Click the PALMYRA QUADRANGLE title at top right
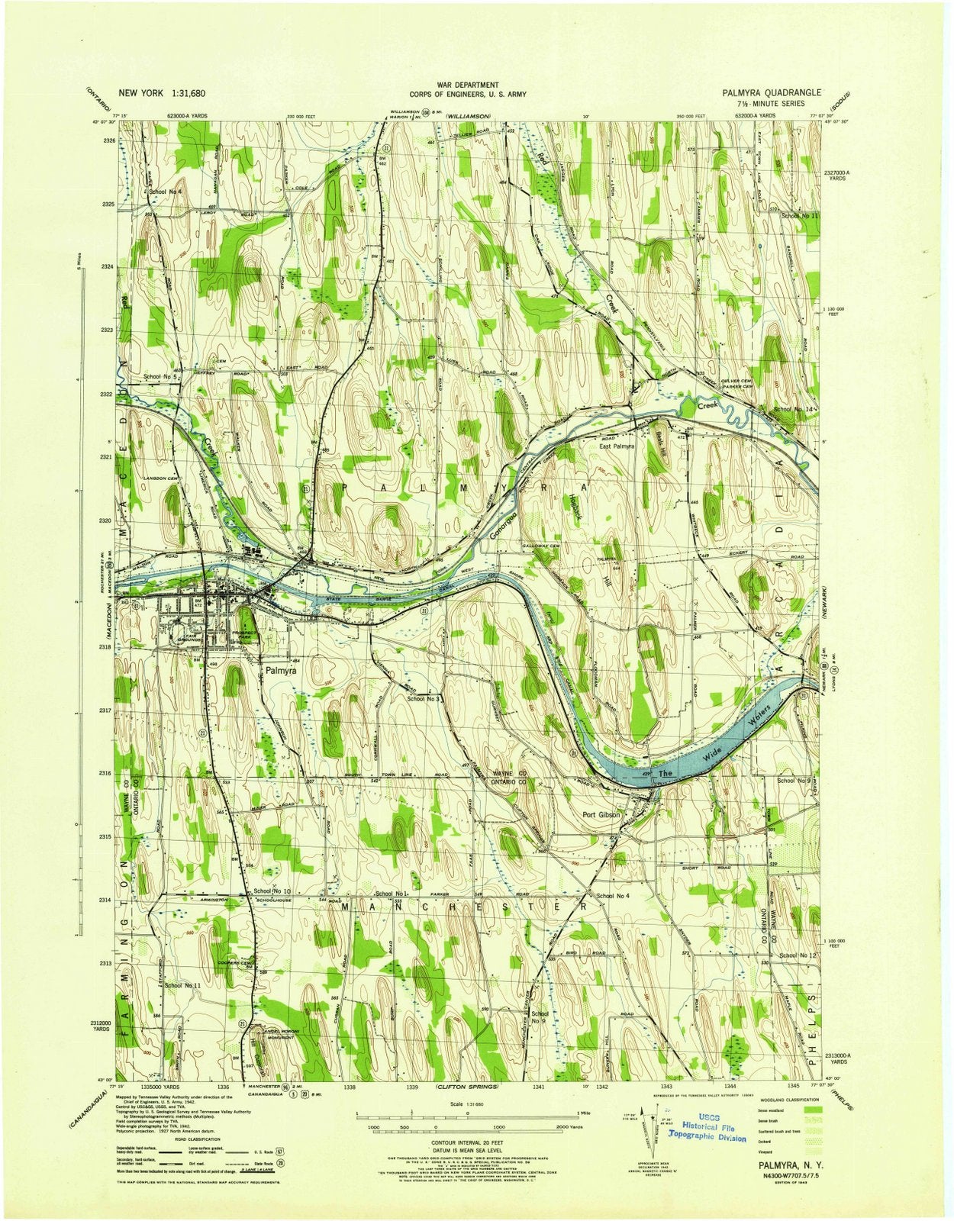pos(772,92)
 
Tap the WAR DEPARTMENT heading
pos(468,85)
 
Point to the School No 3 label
pos(425,698)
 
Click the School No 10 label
pos(272,891)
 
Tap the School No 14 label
pos(794,410)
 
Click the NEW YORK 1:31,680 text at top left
pos(161,92)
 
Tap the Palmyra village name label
pos(282,672)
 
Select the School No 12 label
pos(798,955)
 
